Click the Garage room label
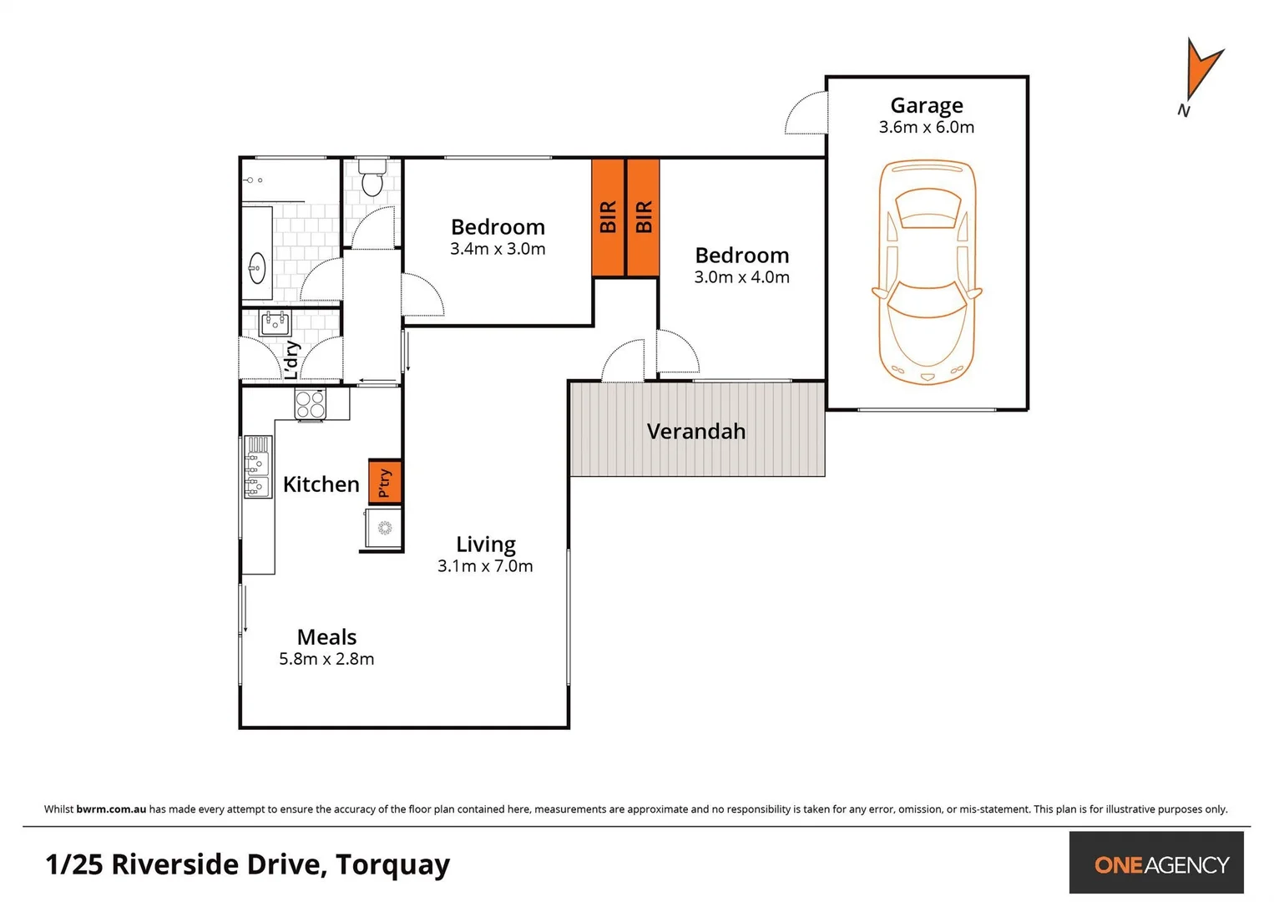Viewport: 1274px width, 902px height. click(926, 106)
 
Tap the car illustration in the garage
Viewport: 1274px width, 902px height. click(927, 272)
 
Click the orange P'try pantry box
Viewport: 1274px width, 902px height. click(385, 482)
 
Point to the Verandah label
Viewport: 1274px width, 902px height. click(695, 432)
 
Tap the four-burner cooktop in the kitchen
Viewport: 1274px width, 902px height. click(310, 404)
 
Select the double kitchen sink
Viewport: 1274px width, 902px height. click(257, 467)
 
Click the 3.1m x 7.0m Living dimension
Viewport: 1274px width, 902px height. click(485, 566)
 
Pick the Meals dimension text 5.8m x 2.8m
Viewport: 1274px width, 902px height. click(326, 659)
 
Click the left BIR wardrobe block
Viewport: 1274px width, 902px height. click(608, 217)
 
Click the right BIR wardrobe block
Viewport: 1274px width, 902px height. click(643, 217)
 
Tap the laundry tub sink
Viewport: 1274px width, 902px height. click(275, 322)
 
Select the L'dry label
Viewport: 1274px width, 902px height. click(291, 360)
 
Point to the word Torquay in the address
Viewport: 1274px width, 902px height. click(392, 864)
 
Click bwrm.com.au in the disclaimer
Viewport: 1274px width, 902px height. click(111, 809)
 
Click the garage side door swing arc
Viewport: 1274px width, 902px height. click(804, 114)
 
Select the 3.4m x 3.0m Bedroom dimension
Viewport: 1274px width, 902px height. click(498, 249)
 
